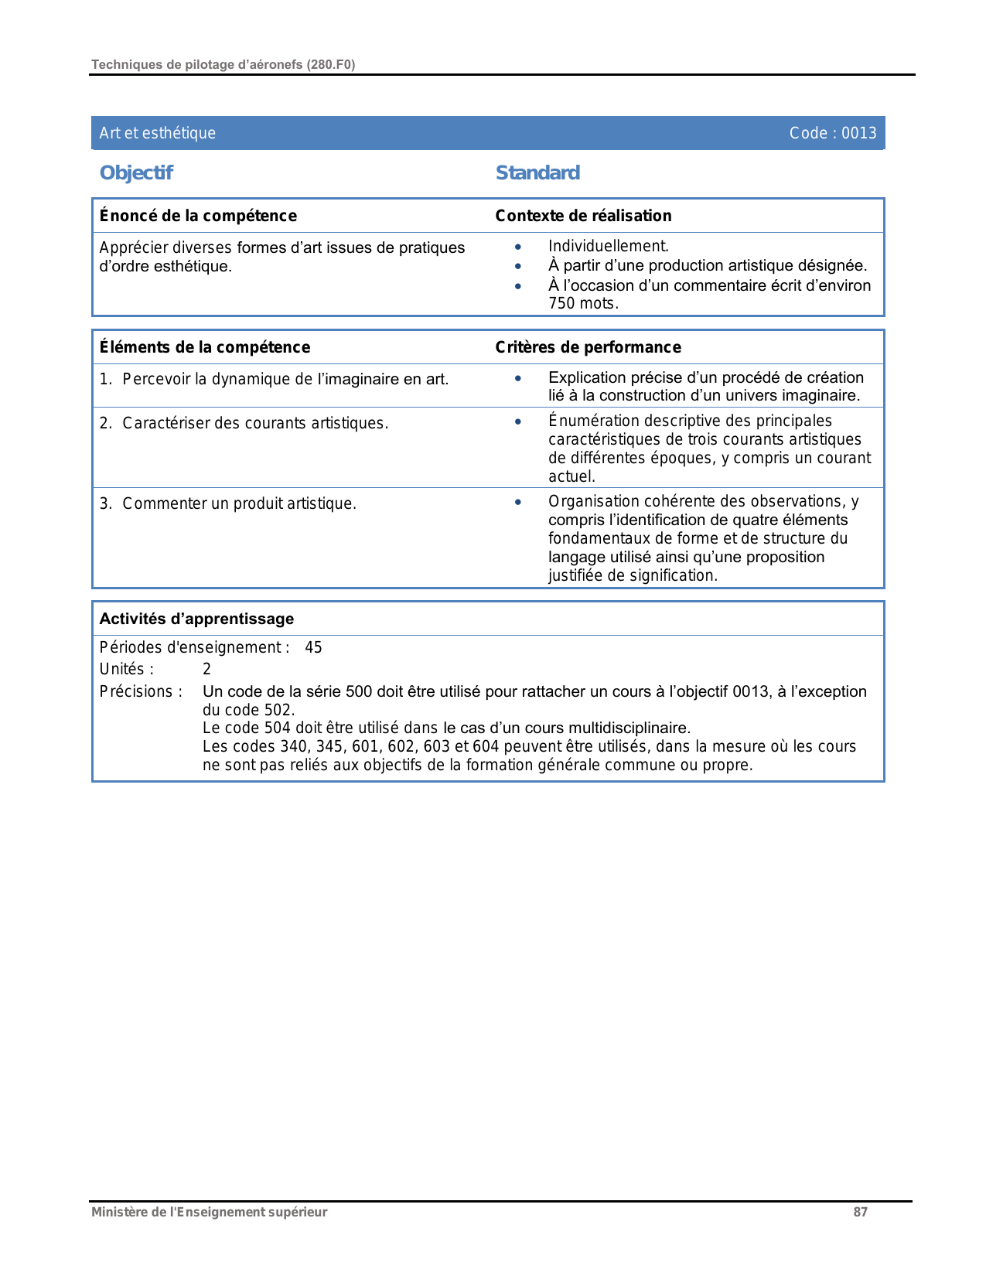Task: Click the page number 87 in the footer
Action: pos(860,1212)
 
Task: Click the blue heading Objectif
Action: pos(136,172)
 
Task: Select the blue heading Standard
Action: pos(537,172)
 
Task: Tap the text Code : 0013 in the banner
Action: pos(832,133)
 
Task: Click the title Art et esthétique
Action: pos(158,133)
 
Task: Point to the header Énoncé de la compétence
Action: pos(198,216)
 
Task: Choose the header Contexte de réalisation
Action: pos(583,216)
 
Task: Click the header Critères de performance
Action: pos(588,347)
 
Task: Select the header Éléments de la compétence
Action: pos(205,347)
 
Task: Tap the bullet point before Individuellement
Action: pos(518,247)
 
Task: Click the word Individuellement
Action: pos(608,247)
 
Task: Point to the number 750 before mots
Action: pos(561,303)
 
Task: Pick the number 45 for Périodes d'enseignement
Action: pos(313,647)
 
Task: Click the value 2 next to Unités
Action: pos(206,669)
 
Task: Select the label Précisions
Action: pos(140,691)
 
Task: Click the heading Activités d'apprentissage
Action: pos(196,619)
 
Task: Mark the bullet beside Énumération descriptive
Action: pos(518,421)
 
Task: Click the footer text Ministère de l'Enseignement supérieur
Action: pos(209,1212)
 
